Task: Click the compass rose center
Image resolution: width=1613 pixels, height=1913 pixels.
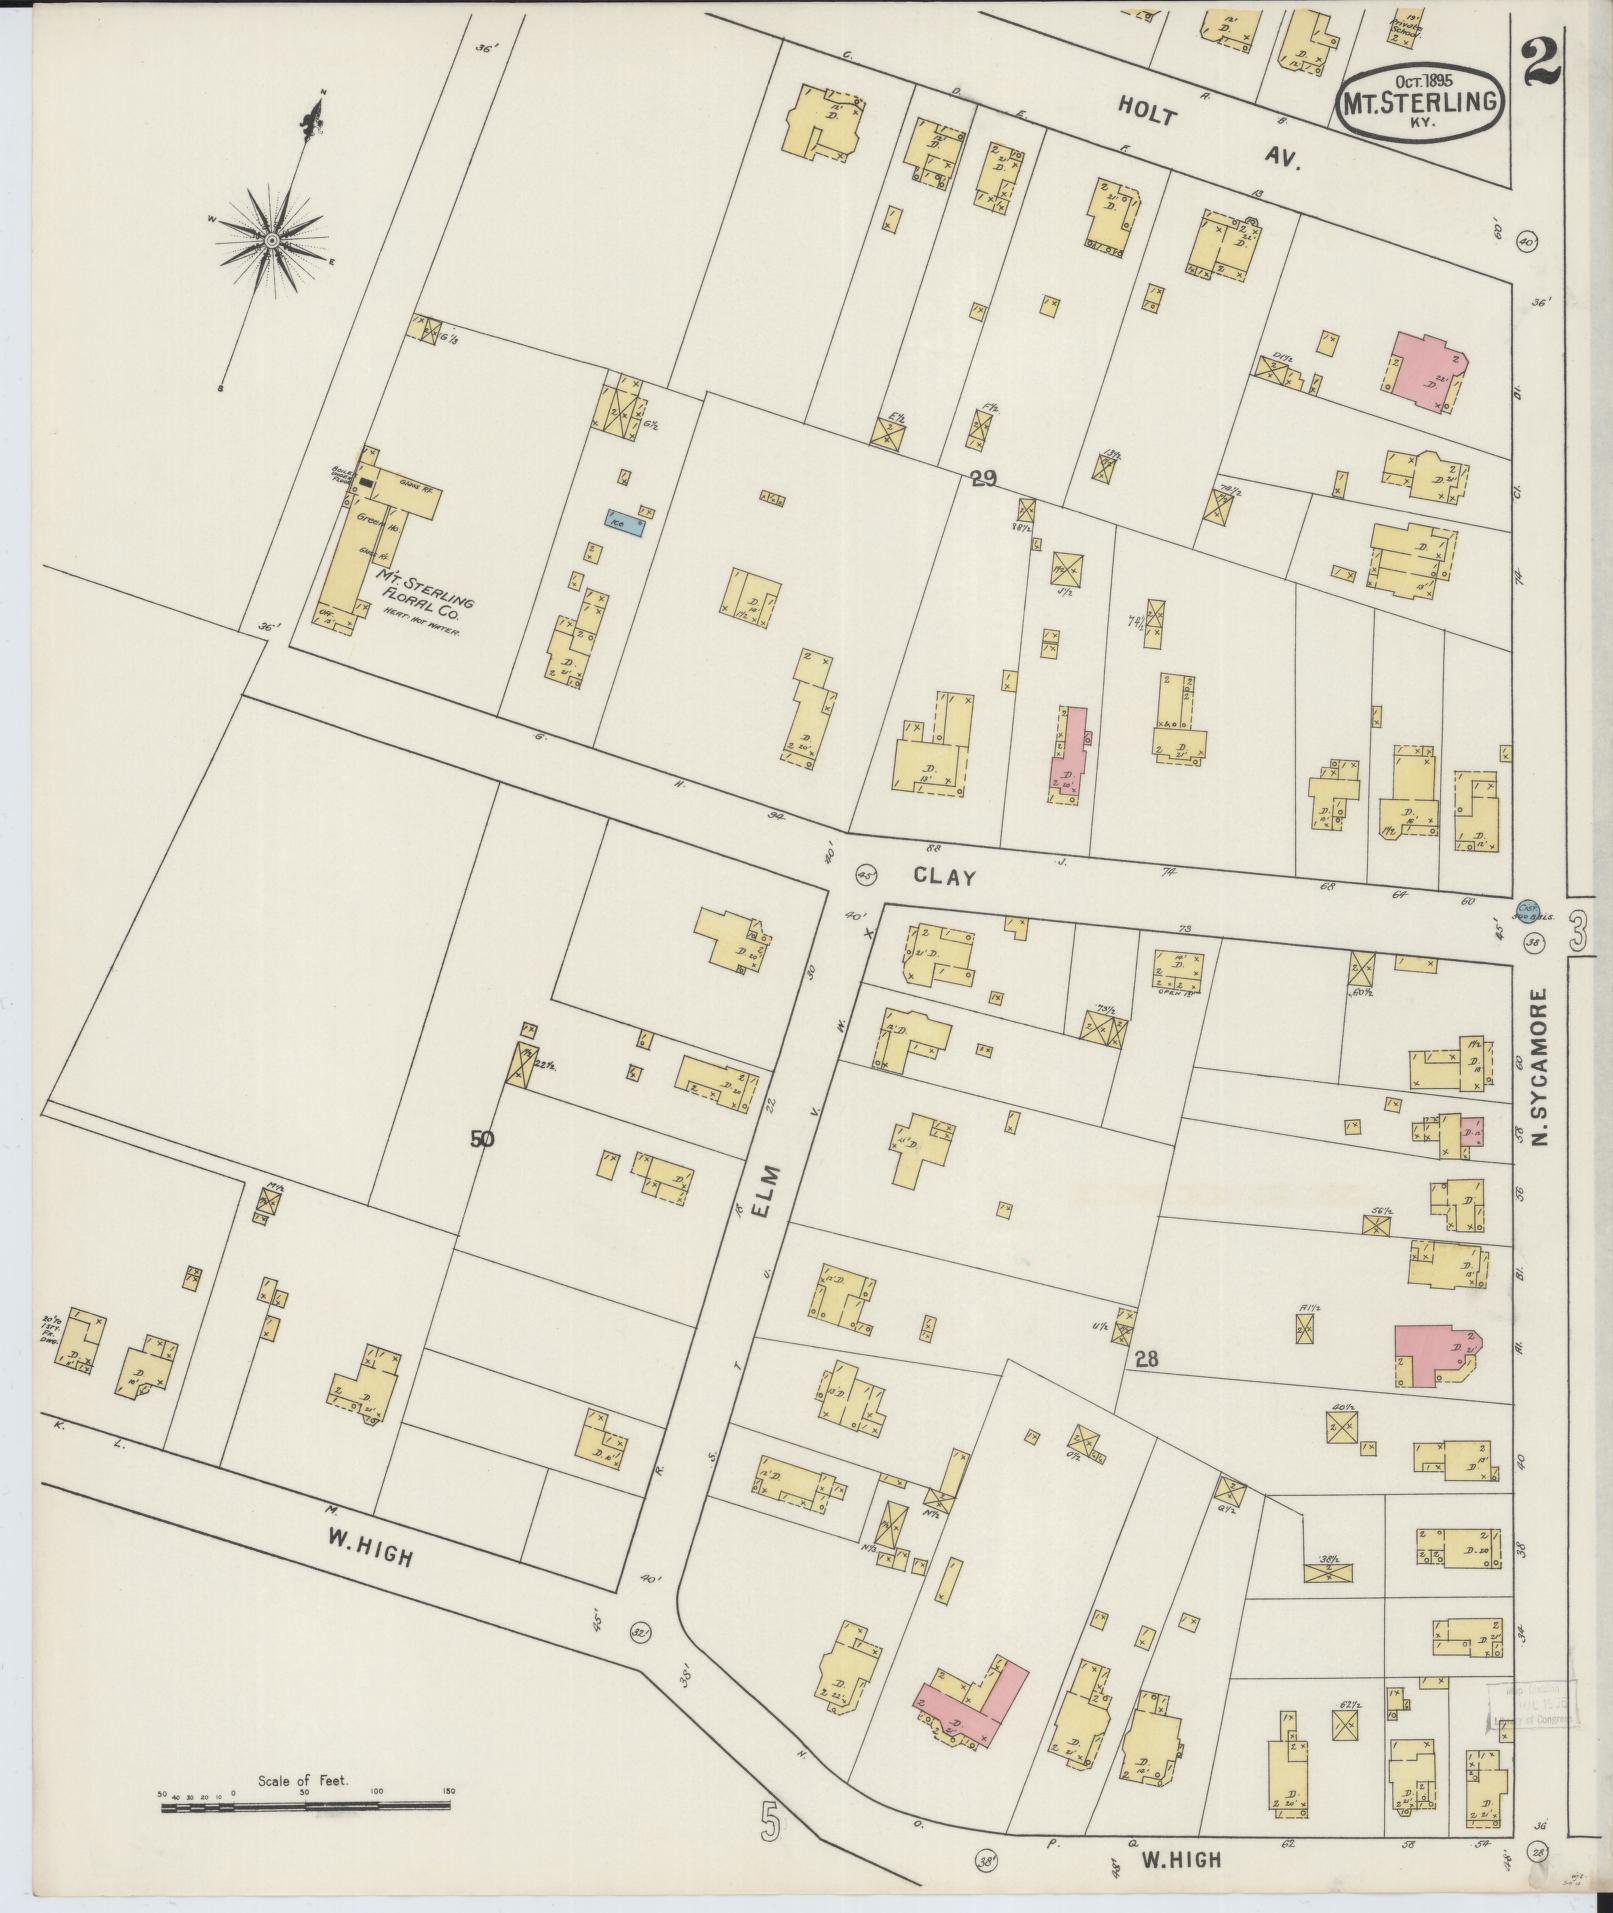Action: coord(271,239)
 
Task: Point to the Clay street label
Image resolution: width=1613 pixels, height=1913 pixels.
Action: coord(944,876)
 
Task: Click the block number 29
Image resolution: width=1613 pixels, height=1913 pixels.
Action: coord(982,479)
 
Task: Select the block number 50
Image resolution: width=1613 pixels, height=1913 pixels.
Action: coord(482,1138)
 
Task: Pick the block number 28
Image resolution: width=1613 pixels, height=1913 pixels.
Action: coord(1146,1359)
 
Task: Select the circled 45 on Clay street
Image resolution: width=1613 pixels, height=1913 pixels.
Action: coord(866,874)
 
